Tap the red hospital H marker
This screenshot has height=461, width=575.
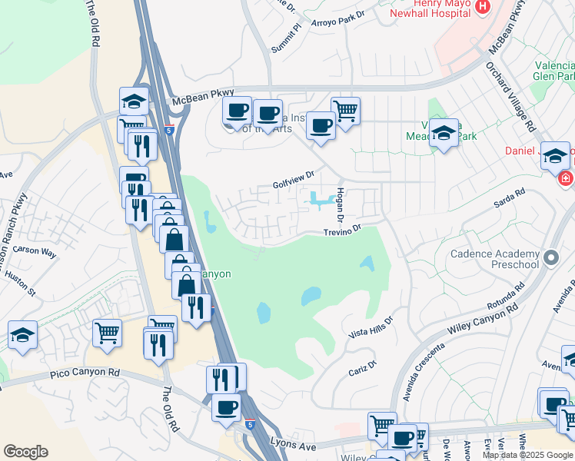tap(483, 7)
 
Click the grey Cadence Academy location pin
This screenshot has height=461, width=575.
tap(550, 257)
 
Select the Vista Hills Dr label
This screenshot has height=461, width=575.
tap(371, 327)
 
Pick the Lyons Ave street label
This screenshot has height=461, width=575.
tap(294, 444)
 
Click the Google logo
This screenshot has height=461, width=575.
tap(25, 452)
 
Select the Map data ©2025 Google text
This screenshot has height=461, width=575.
tap(527, 455)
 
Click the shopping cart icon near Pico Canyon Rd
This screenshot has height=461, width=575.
tap(107, 333)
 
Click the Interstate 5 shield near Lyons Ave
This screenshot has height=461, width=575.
tap(251, 423)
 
